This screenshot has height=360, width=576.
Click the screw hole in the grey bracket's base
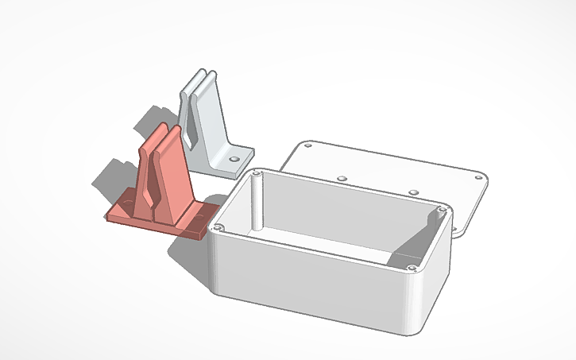click(x=234, y=159)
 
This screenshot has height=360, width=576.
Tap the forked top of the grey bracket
click(x=199, y=78)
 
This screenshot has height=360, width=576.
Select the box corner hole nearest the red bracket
click(x=218, y=228)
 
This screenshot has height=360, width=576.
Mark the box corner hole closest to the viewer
click(x=411, y=269)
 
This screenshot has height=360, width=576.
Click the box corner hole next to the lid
click(x=443, y=210)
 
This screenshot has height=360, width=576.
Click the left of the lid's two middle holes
click(x=342, y=178)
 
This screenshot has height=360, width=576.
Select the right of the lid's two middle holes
click(x=413, y=192)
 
